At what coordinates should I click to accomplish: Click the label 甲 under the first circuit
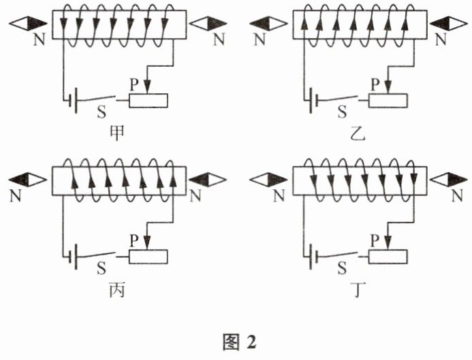click(x=116, y=134)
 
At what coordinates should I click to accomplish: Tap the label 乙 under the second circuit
click(x=358, y=134)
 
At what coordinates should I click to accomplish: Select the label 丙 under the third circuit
click(x=116, y=291)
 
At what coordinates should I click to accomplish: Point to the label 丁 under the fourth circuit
click(x=358, y=291)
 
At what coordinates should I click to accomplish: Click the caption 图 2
click(x=240, y=342)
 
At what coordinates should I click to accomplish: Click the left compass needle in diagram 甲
click(x=28, y=23)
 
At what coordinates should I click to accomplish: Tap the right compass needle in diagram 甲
click(x=208, y=23)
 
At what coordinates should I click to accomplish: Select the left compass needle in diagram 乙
click(x=268, y=23)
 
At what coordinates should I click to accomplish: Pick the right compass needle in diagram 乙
click(x=449, y=23)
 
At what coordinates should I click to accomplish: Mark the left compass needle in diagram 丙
click(x=28, y=180)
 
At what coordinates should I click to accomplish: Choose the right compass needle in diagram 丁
click(x=449, y=180)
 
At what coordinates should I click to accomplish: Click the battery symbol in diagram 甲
click(x=73, y=101)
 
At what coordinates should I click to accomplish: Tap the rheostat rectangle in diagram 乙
click(x=388, y=101)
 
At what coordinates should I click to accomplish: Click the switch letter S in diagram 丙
click(x=101, y=268)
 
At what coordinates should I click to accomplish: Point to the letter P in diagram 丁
click(x=375, y=241)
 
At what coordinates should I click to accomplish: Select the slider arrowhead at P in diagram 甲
click(x=147, y=86)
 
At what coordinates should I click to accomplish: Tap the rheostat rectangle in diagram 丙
click(x=148, y=257)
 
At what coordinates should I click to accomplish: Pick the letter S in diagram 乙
click(x=343, y=112)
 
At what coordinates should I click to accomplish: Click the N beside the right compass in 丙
click(x=195, y=197)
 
